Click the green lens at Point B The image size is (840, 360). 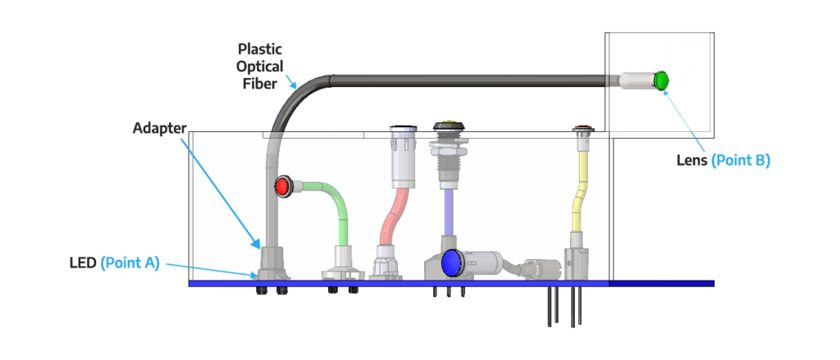pos(661,80)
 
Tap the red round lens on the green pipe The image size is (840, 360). pos(282,186)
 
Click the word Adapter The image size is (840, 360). pos(160,129)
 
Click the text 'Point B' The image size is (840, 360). pos(741,161)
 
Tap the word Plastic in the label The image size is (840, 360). pos(260,49)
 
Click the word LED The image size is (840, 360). pos(82,263)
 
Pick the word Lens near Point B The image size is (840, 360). pos(692,161)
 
